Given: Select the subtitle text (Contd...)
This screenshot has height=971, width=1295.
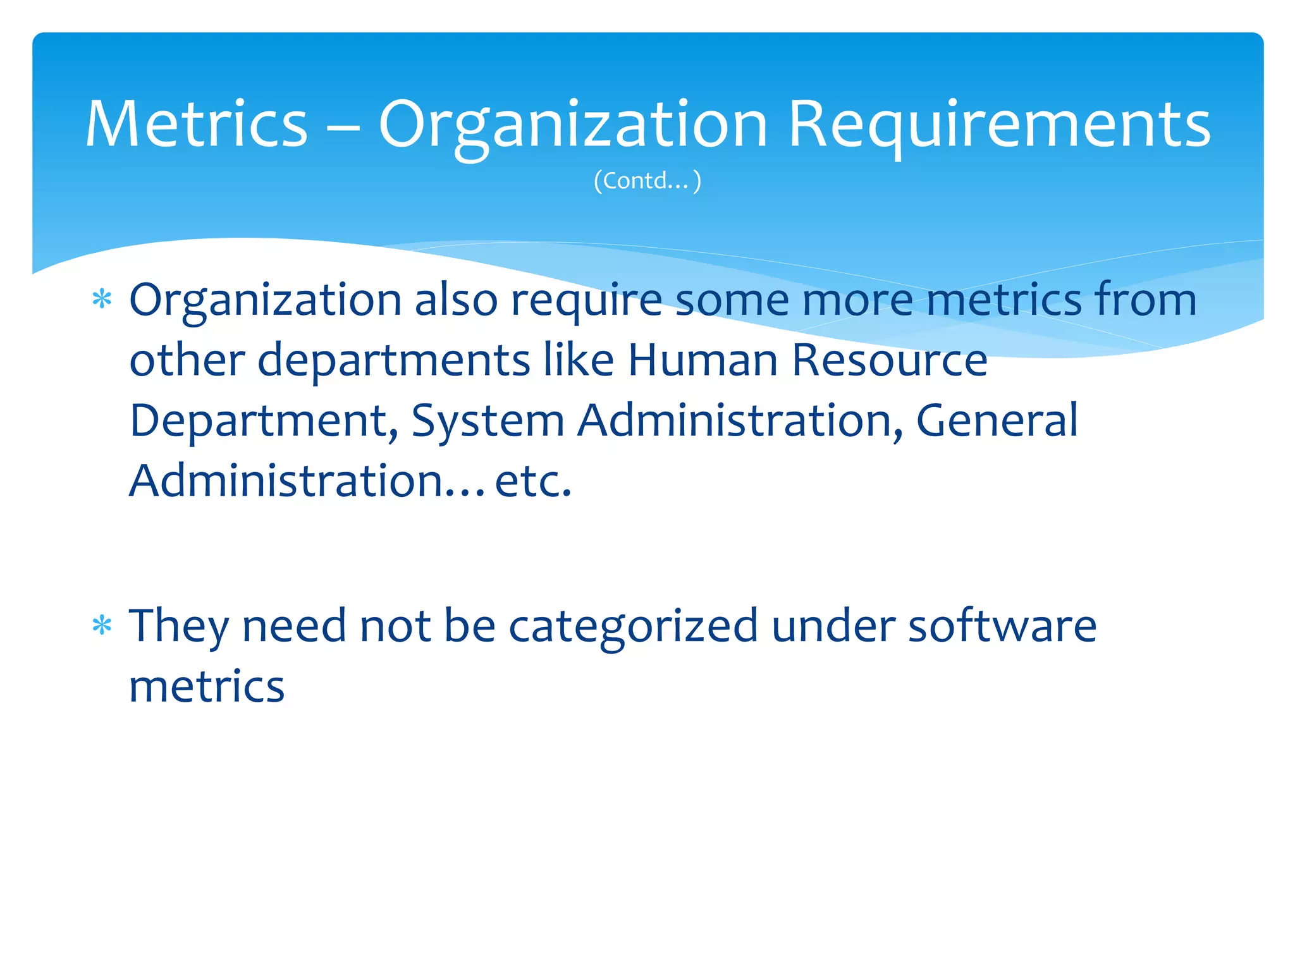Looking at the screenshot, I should click(x=647, y=181).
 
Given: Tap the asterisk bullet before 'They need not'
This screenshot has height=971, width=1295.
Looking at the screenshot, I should click(x=102, y=625).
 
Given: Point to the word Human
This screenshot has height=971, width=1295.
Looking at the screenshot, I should click(x=702, y=360).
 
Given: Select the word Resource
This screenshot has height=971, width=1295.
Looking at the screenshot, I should click(x=889, y=360).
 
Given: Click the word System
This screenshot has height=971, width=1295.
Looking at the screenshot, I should click(x=487, y=422).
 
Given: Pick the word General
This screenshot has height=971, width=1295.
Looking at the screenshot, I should click(x=997, y=420).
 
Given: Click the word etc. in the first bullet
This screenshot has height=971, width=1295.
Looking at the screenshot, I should click(x=532, y=482).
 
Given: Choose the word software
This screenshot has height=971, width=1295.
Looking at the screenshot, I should click(x=1002, y=626).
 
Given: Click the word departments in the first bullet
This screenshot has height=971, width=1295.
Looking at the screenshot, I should click(x=393, y=362).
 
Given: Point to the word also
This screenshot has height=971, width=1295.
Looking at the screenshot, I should click(x=456, y=300).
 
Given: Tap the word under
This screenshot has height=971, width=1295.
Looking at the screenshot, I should click(x=833, y=626).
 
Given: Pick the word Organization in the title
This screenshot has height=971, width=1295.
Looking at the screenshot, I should click(x=573, y=126).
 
